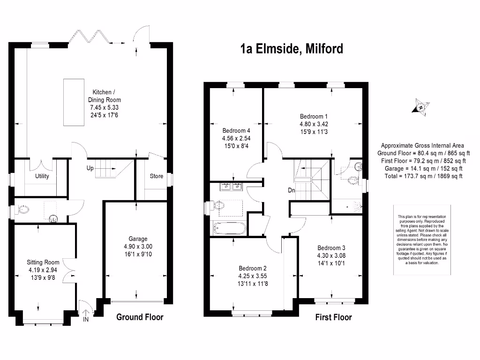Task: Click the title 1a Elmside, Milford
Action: click(x=291, y=49)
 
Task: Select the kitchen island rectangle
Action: click(x=73, y=102)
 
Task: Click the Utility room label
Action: click(x=42, y=176)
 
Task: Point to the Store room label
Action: click(x=157, y=176)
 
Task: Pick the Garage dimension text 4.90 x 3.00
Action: click(x=138, y=247)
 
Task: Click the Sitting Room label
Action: click(x=43, y=262)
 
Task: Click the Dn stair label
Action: click(x=292, y=191)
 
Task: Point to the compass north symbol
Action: click(x=421, y=107)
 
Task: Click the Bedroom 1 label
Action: click(x=314, y=116)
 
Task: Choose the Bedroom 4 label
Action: click(x=236, y=131)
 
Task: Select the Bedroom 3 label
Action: click(x=331, y=248)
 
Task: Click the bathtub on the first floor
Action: click(x=229, y=228)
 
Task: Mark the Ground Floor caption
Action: click(x=140, y=317)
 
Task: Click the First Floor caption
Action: click(x=333, y=317)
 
